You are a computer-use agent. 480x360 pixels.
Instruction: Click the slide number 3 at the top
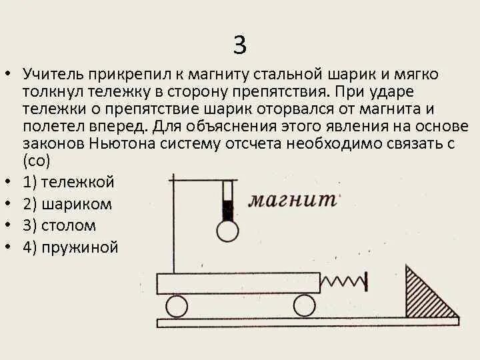pos(240,45)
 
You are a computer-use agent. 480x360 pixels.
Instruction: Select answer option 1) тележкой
pos(69,182)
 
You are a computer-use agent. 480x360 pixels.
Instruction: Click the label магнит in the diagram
pos(292,199)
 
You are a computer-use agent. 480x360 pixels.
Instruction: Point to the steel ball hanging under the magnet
pos(227,231)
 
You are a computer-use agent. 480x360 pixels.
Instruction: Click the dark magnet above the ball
pos(227,209)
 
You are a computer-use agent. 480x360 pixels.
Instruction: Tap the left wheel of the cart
pos(177,306)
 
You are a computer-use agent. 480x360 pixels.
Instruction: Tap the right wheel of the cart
pos(304,306)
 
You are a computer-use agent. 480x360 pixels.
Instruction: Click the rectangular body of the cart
pos(237,283)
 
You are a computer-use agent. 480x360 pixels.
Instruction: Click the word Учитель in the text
pos(53,75)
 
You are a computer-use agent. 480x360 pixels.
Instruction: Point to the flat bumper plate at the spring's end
pos(365,281)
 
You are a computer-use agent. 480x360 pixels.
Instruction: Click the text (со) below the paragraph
pos(37,161)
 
